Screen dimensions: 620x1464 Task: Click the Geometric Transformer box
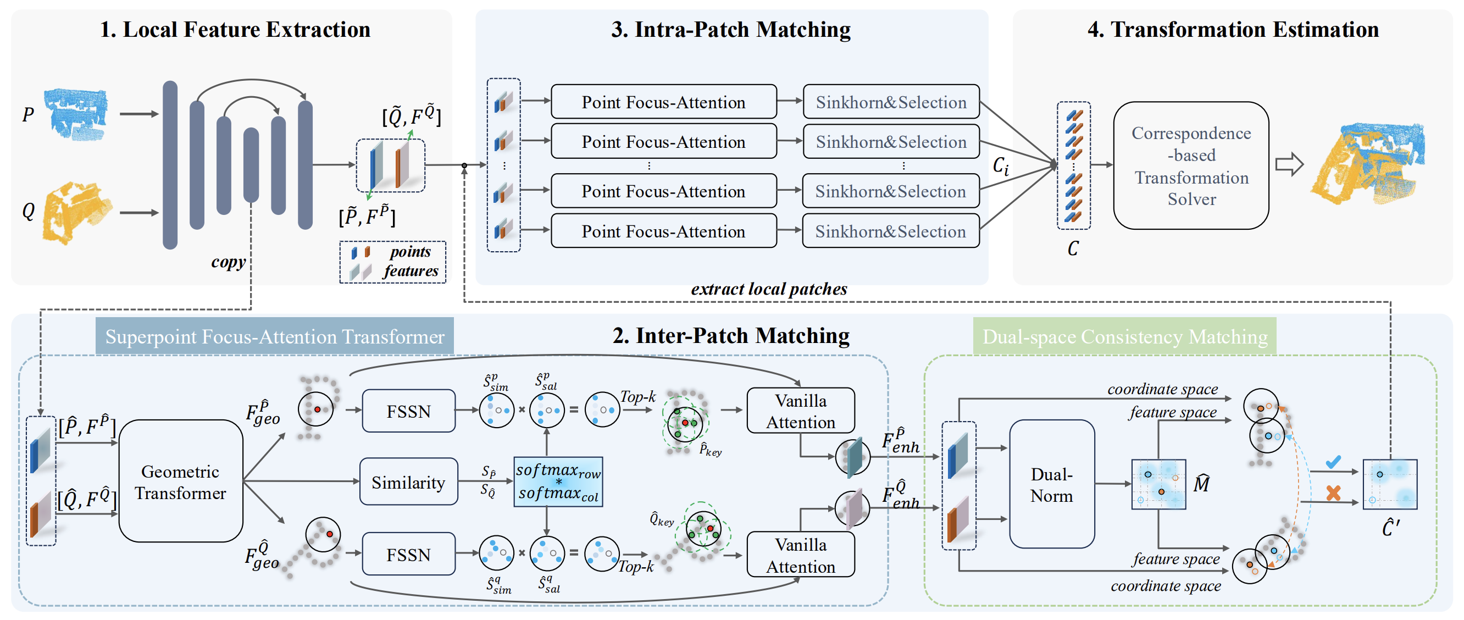[x=181, y=481]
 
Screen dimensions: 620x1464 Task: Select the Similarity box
[x=408, y=482]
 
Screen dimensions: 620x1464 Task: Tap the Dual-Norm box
[x=1051, y=484]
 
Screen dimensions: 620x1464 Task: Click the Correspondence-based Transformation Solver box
[x=1191, y=165]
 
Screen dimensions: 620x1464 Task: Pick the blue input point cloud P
[x=76, y=113]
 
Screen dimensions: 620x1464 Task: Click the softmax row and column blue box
[x=558, y=482]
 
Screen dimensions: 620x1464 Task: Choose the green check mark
[x=1333, y=462]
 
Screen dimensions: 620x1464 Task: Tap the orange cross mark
[x=1333, y=492]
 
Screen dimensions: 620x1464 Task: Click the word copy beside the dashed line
[x=228, y=262]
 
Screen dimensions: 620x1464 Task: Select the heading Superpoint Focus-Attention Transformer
[x=275, y=336]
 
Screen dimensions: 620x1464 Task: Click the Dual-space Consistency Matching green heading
[x=1125, y=336]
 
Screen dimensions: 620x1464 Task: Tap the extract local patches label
[x=768, y=289]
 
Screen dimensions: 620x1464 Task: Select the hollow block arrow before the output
[x=1289, y=165]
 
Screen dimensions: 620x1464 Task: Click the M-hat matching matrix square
[x=1158, y=484]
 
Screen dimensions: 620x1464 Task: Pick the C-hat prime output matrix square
[x=1390, y=484]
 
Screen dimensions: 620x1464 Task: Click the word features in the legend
[x=411, y=271]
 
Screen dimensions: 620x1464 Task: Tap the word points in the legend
[x=411, y=252]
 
